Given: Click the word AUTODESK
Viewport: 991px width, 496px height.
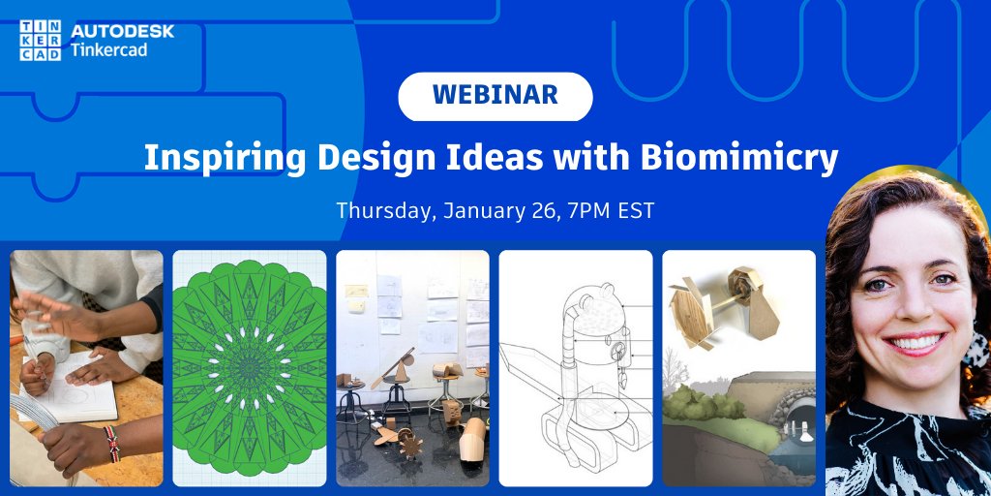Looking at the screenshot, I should click(x=122, y=31).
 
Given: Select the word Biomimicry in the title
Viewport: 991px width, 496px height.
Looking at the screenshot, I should click(x=756, y=158).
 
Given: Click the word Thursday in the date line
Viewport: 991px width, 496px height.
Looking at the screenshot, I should click(x=384, y=210).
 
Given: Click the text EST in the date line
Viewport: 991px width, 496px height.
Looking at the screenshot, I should click(x=638, y=210).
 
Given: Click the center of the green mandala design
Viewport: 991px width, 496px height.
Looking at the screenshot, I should click(x=250, y=367).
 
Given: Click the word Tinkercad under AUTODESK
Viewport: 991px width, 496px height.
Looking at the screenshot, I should click(x=109, y=49).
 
